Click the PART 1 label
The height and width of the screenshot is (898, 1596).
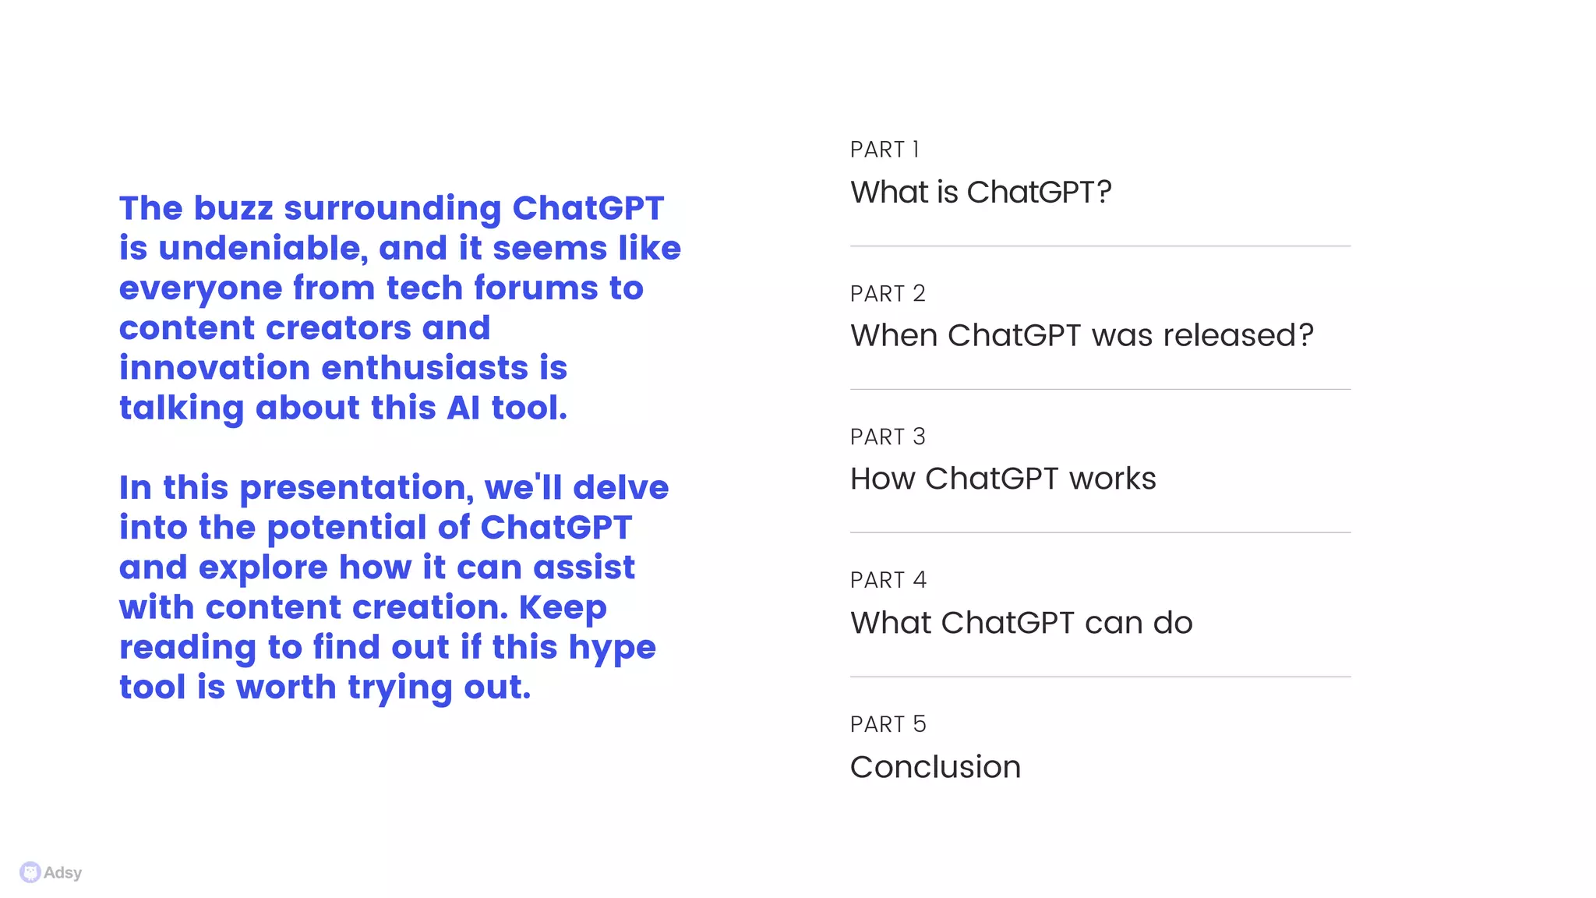[885, 150]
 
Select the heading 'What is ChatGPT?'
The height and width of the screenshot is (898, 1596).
[980, 193]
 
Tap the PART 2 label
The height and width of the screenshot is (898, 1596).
[888, 294]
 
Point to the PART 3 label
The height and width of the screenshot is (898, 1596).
[888, 437]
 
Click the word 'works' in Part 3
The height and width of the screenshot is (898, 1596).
[1112, 479]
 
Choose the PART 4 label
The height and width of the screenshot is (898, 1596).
[888, 581]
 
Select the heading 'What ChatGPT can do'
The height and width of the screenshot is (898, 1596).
[1021, 623]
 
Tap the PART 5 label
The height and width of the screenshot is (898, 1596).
[888, 725]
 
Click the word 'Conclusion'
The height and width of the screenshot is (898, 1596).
[935, 767]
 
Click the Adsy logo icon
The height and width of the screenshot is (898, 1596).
[30, 872]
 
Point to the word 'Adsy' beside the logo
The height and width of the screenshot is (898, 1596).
[63, 873]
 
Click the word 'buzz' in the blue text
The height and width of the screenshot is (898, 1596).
[233, 209]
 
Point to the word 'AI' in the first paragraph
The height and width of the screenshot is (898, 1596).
[463, 408]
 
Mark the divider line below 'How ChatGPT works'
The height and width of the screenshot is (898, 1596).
[1100, 533]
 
